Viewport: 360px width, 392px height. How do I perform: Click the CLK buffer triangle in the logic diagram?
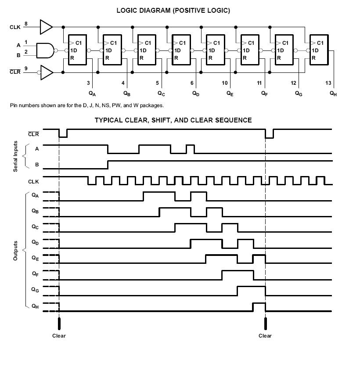[46, 27]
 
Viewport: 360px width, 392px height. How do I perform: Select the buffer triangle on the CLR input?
[46, 73]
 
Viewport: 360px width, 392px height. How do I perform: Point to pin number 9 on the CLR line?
[26, 68]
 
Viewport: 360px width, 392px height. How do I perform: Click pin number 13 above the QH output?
[328, 83]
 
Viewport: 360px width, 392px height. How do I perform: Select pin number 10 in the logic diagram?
[225, 83]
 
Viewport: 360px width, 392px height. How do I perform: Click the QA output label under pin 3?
[92, 93]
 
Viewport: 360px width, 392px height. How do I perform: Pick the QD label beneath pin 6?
[195, 93]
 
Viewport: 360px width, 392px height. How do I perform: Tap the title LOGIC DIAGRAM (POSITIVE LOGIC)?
[173, 10]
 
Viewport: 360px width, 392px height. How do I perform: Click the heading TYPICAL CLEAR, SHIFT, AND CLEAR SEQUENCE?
[173, 120]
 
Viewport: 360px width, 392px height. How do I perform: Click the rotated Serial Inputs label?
[15, 156]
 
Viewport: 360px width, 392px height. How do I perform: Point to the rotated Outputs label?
[15, 251]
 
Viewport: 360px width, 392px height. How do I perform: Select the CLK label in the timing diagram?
[34, 181]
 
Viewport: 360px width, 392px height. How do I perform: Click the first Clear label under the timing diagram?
[59, 336]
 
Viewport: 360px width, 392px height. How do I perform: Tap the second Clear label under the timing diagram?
[265, 336]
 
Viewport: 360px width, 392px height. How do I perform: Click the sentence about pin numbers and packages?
[86, 105]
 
